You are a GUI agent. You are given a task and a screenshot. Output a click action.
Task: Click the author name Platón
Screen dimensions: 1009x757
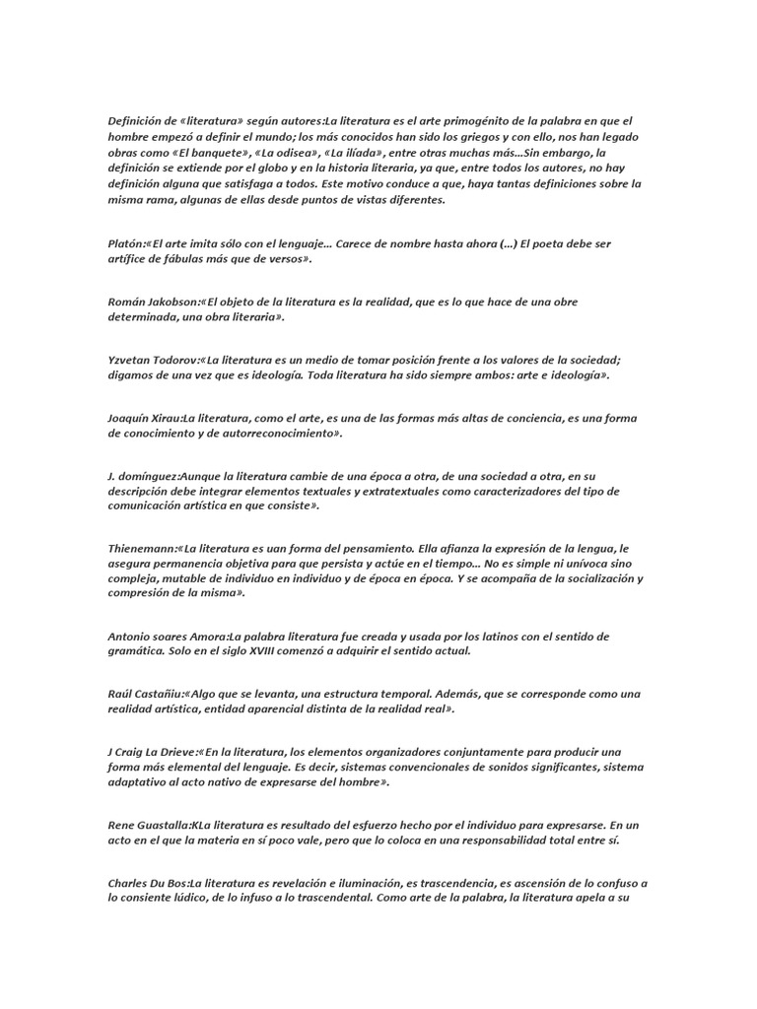point(126,243)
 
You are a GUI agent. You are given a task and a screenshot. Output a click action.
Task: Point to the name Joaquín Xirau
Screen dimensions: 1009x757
point(144,418)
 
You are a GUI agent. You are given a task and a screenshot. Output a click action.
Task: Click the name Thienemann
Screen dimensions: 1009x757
point(142,548)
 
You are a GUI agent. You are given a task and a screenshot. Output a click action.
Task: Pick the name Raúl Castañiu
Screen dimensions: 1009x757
point(144,694)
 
